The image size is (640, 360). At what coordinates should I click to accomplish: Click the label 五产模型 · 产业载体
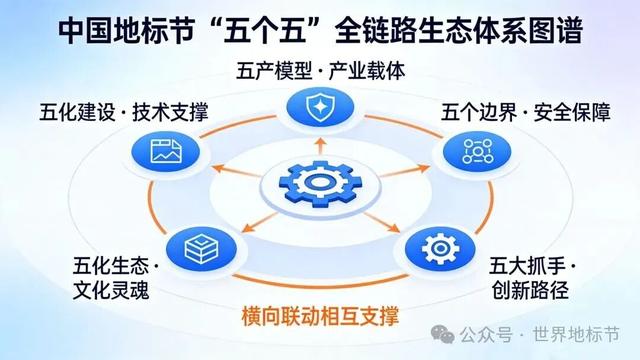(320, 71)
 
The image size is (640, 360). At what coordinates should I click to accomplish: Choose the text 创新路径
(527, 294)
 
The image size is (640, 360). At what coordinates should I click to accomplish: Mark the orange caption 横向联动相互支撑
(320, 318)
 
